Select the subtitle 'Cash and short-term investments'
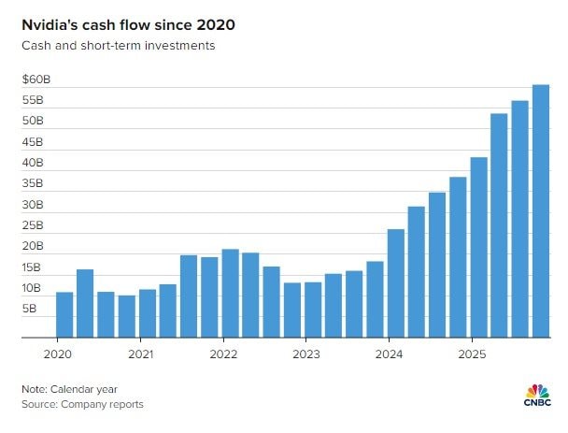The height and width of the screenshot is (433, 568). coord(119,45)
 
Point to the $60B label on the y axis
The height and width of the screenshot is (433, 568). coord(37,79)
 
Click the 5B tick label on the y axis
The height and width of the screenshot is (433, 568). coord(31,308)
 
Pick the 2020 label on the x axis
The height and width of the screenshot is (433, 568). coord(58,354)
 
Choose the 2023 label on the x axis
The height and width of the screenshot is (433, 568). coord(305,354)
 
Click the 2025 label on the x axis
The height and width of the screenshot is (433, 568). coord(471,354)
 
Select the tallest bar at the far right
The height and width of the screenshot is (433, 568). coord(541,211)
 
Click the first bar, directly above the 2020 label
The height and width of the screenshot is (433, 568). coord(64,315)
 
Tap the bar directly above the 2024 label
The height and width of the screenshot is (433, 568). coord(395,283)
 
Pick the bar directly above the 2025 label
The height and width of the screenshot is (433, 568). coord(478,248)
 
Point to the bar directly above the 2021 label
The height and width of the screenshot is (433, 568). coord(148,314)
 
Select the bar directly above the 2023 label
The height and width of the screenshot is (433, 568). coord(313,310)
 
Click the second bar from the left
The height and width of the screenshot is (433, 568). coord(85,303)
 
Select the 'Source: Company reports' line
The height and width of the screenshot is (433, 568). coord(83,404)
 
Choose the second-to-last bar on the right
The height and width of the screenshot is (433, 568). coord(519,219)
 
